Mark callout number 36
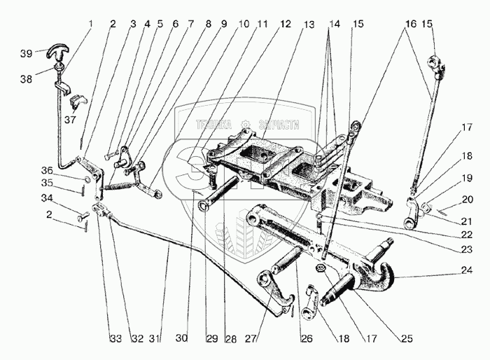tap(65, 171)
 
